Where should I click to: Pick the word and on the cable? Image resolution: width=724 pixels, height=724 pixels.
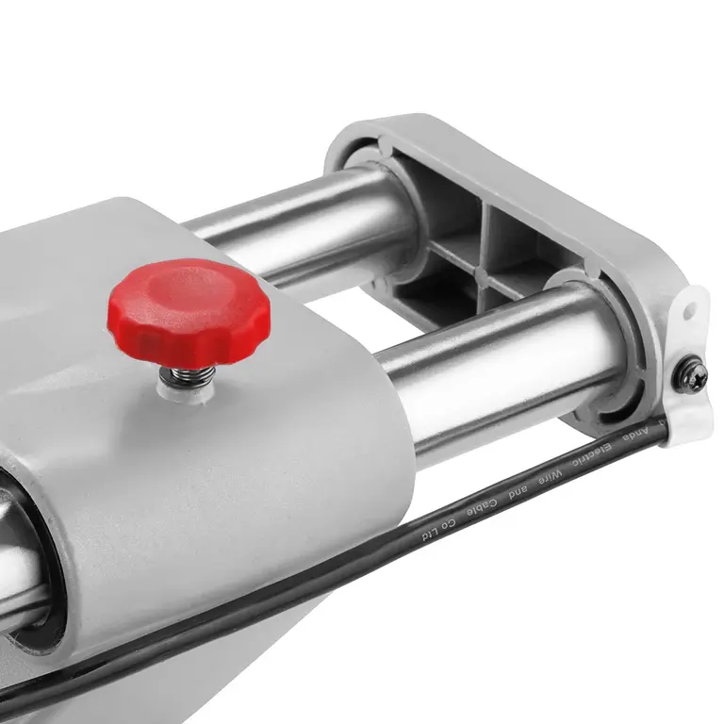(x=518, y=491)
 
